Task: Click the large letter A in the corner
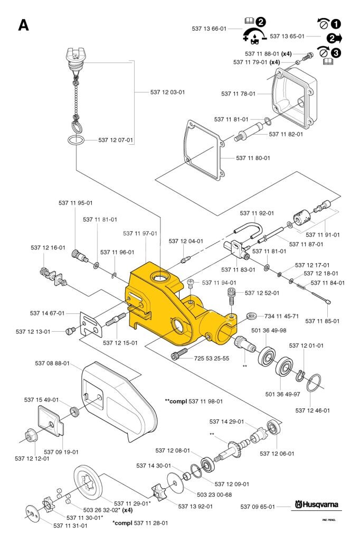point(24,25)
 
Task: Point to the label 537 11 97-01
point(140,233)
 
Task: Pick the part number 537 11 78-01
point(239,94)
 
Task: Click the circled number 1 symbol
point(336,24)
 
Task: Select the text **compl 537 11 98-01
point(193,402)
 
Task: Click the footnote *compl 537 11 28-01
point(140,523)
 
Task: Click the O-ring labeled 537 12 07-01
point(75,141)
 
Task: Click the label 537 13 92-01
point(195,506)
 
